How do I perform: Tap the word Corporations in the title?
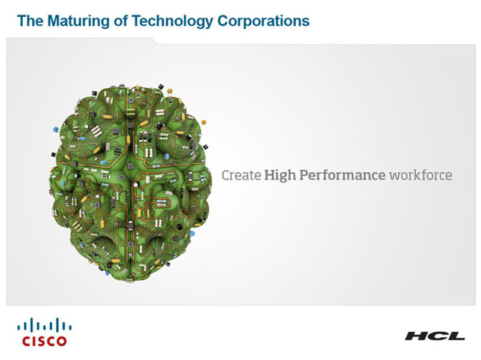(263, 21)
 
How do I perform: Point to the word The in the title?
(31, 21)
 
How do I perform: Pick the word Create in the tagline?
(241, 175)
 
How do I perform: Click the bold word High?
(280, 176)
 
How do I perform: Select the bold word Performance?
(342, 175)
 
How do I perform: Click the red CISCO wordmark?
(44, 341)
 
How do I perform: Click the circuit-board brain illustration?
(130, 183)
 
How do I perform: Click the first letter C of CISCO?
(26, 341)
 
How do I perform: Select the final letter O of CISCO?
(61, 341)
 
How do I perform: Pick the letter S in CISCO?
(41, 341)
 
